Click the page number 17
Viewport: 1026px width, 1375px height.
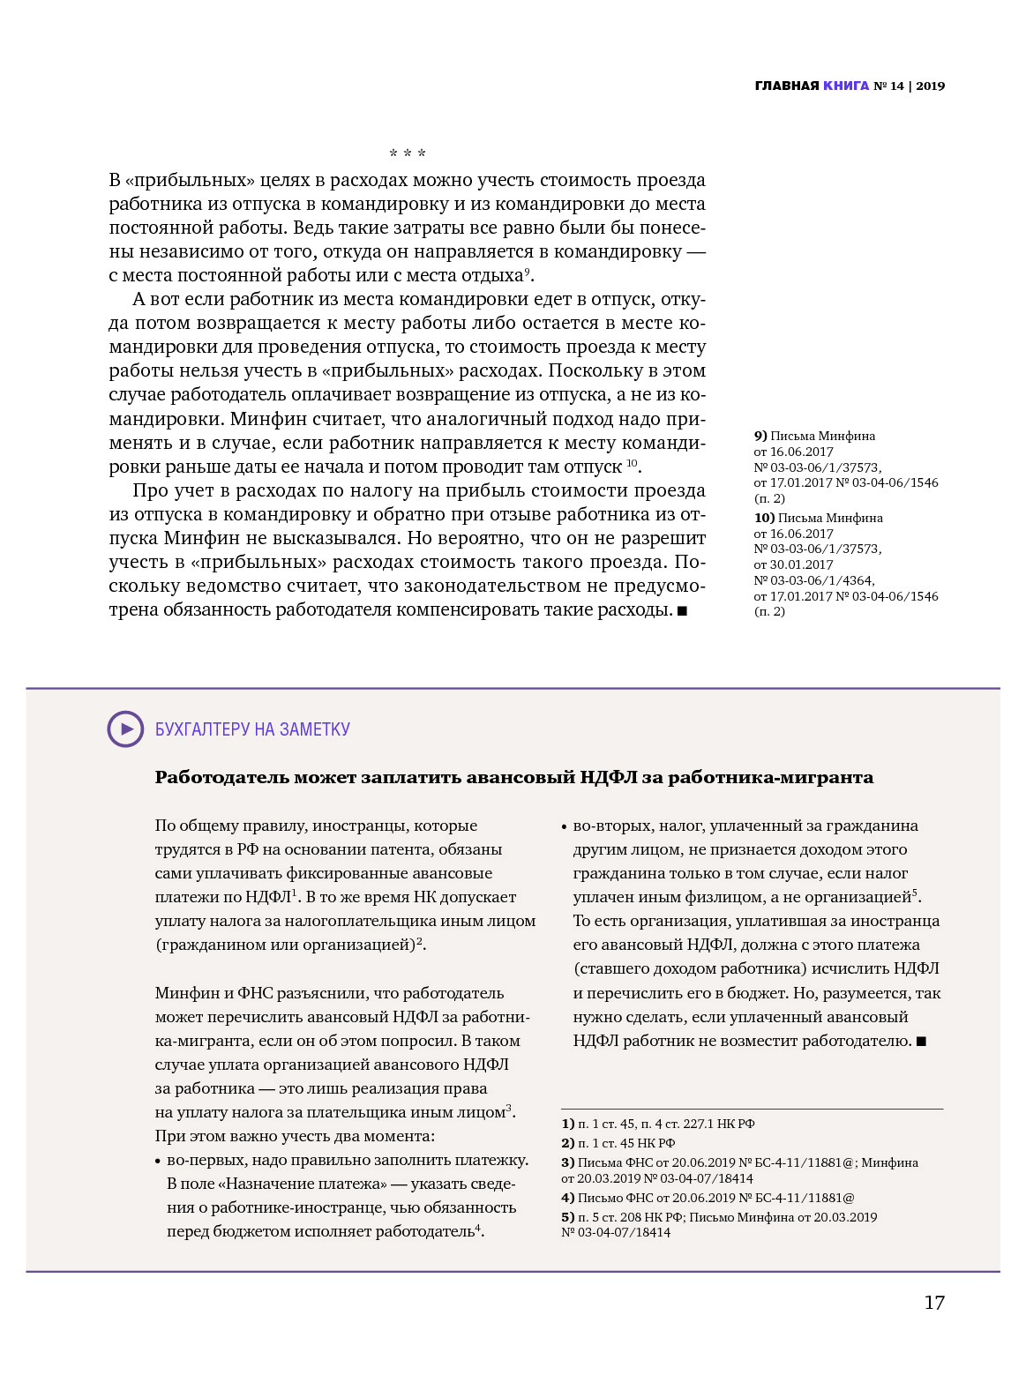click(933, 1303)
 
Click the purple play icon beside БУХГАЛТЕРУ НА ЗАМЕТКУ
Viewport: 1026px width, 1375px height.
click(125, 729)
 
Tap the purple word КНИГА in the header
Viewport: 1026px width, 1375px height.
click(846, 86)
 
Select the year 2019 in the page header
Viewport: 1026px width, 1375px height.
click(930, 86)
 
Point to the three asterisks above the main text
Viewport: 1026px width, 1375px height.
click(408, 154)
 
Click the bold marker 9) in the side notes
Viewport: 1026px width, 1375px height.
click(760, 436)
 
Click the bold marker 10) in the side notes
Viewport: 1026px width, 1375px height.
click(764, 518)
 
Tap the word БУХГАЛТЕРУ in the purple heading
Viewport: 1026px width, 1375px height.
click(202, 729)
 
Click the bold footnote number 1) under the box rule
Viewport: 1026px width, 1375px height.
click(568, 1124)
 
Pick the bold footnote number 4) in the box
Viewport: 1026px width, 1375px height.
click(568, 1198)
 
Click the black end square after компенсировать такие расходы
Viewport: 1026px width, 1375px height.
click(682, 610)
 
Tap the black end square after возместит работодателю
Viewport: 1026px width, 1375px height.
click(922, 1042)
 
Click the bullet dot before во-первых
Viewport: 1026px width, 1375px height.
click(158, 1162)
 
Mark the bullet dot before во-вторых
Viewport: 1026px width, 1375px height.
click(564, 827)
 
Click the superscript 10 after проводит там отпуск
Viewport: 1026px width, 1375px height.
click(632, 462)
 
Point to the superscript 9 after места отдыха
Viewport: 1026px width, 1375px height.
click(527, 271)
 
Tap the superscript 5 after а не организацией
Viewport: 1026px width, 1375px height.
click(916, 893)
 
